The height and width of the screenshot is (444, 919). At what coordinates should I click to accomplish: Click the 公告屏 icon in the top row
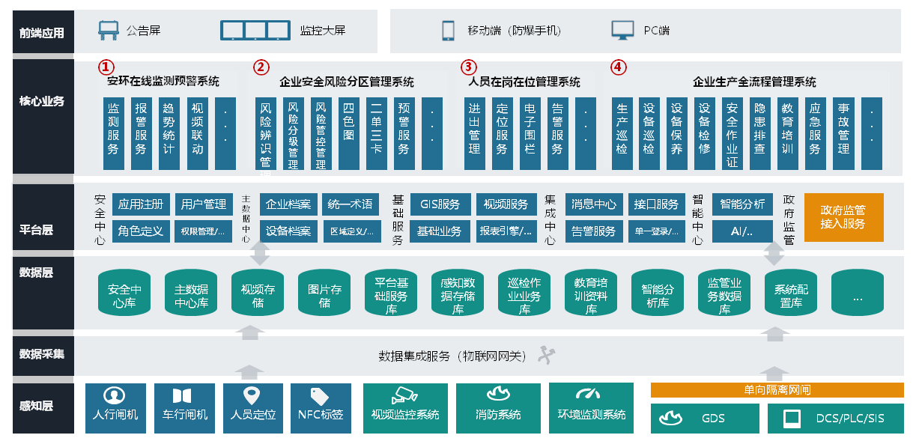[x=109, y=31]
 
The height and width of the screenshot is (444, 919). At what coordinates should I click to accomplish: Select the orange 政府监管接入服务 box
[x=843, y=217]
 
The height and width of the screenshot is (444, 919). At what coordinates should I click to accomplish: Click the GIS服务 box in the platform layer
[x=440, y=204]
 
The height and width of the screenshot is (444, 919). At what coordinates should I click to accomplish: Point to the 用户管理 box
[x=203, y=204]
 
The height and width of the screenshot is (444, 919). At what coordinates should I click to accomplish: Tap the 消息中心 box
[x=594, y=204]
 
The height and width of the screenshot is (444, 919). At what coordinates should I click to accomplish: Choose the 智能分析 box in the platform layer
[x=742, y=204]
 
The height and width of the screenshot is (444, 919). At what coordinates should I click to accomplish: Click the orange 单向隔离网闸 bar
[x=777, y=390]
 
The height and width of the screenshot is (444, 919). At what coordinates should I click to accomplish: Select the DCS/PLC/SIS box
[x=837, y=418]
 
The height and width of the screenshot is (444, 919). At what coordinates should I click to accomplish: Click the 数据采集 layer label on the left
[x=43, y=353]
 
